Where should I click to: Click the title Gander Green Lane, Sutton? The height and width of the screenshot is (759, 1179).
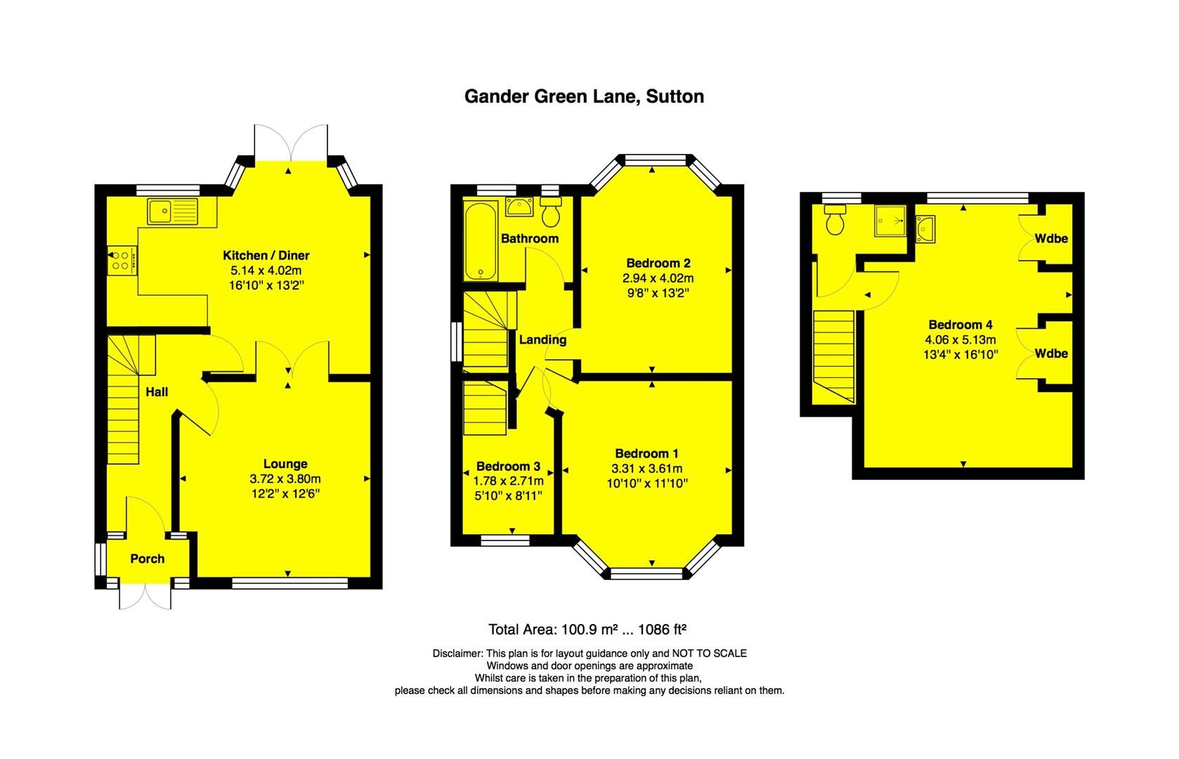click(584, 96)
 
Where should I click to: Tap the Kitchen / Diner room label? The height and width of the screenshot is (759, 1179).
click(266, 255)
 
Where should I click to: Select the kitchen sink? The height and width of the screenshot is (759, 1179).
click(173, 211)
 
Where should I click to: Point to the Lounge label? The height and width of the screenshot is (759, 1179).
click(285, 464)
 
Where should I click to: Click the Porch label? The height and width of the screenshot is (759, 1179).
click(148, 559)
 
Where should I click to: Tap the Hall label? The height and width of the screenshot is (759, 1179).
click(157, 391)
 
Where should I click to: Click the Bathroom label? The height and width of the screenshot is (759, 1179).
click(530, 238)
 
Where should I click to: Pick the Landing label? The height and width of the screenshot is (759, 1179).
click(542, 339)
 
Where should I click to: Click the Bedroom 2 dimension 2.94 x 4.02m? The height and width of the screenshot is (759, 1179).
click(658, 278)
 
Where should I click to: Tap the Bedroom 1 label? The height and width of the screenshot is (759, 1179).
click(646, 453)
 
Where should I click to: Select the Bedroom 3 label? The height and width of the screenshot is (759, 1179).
click(508, 466)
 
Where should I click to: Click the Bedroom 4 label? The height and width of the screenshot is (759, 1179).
click(960, 325)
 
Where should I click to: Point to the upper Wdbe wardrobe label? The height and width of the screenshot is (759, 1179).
click(1051, 238)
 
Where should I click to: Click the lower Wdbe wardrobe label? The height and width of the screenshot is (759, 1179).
click(1051, 353)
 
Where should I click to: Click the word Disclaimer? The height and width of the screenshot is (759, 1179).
click(458, 653)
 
